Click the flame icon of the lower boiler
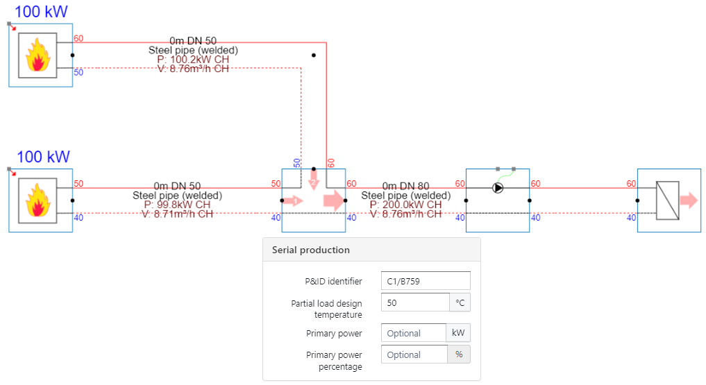click(38, 200)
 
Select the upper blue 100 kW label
click(41, 11)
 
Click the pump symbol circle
click(498, 187)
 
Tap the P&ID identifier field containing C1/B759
click(426, 281)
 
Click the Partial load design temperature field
click(415, 303)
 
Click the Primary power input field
click(413, 333)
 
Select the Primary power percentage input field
click(413, 354)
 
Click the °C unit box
click(460, 303)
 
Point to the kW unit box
click(457, 333)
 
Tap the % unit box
click(458, 354)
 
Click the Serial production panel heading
click(310, 250)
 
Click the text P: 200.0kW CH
click(405, 205)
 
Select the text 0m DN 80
click(405, 186)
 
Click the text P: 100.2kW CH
click(193, 60)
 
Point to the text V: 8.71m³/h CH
click(177, 214)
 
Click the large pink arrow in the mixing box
click(333, 201)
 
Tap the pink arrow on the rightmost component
click(689, 201)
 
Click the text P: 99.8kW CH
click(177, 205)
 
